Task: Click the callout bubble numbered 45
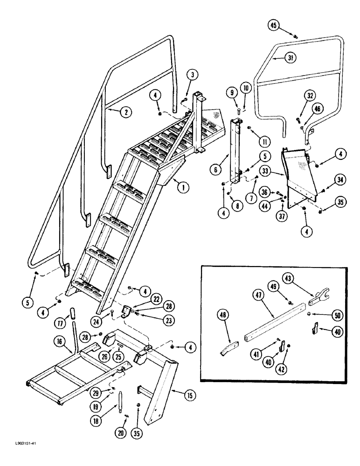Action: tap(275, 26)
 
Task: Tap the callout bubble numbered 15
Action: tap(189, 396)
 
